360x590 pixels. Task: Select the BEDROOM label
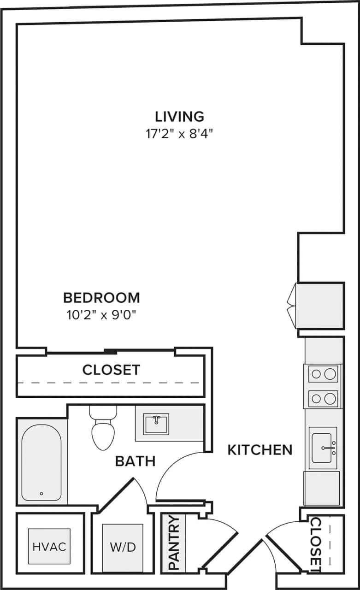click(x=101, y=298)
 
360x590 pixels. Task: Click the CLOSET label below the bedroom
click(x=111, y=370)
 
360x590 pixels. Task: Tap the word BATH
click(x=135, y=461)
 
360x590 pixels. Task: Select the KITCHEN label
click(x=260, y=450)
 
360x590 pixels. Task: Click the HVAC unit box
click(x=49, y=547)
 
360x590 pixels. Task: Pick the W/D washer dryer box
click(x=123, y=548)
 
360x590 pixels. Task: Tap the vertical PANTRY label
click(x=174, y=543)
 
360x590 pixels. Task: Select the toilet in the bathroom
click(x=103, y=431)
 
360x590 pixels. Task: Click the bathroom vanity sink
click(x=156, y=424)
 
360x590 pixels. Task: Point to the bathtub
click(x=41, y=462)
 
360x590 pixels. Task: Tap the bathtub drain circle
click(x=41, y=494)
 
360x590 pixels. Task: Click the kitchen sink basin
click(x=323, y=447)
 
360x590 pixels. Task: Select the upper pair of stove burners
click(x=323, y=374)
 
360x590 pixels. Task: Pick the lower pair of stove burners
click(x=323, y=399)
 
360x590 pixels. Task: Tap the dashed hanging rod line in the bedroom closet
click(x=111, y=383)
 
